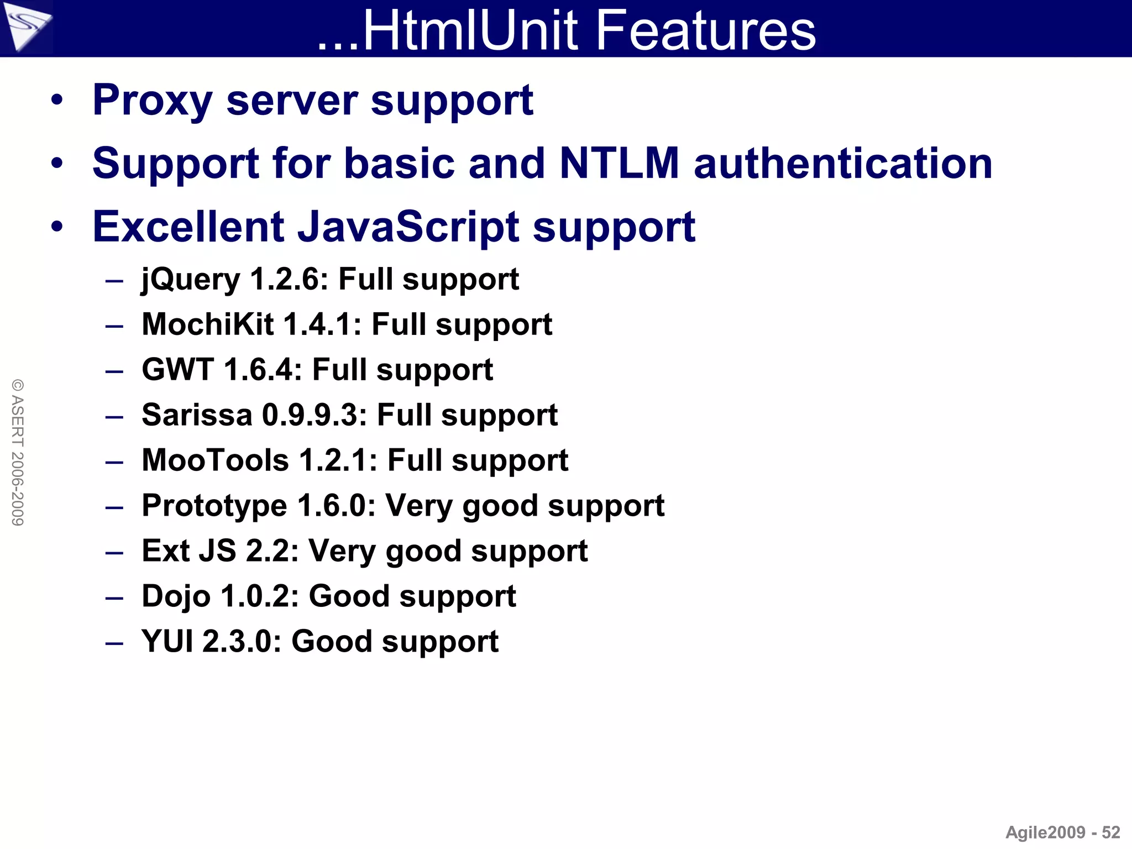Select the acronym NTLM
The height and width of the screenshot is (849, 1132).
click(x=619, y=164)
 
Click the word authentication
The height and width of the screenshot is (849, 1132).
click(x=843, y=164)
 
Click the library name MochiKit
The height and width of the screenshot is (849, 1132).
click(x=207, y=324)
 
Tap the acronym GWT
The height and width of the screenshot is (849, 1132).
click(x=177, y=370)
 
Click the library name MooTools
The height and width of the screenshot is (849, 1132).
click(x=215, y=460)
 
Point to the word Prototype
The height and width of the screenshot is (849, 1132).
click(x=214, y=506)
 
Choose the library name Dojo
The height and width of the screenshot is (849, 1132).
click(x=176, y=596)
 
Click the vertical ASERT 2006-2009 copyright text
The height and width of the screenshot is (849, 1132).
click(x=18, y=452)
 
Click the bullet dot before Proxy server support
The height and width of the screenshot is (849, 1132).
click(x=57, y=101)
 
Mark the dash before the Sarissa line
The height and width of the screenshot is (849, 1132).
click(x=114, y=416)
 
